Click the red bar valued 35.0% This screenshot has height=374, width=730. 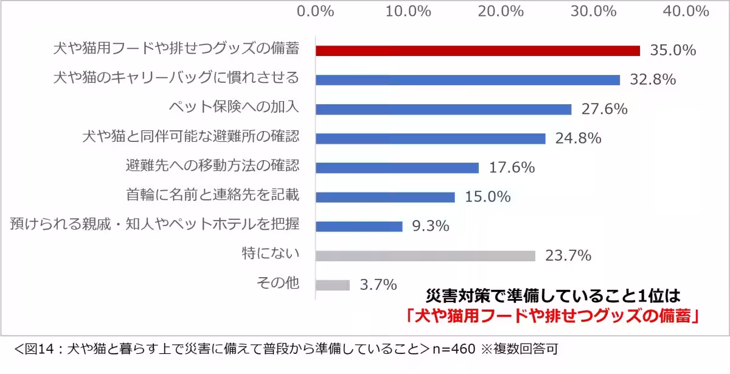click(478, 51)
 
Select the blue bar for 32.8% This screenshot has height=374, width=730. click(467, 80)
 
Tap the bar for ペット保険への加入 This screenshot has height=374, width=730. click(443, 109)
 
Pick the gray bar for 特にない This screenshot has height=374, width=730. click(425, 256)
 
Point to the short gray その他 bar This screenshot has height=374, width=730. click(333, 284)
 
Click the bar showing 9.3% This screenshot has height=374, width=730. click(359, 227)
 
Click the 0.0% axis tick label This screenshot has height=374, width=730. click(315, 11)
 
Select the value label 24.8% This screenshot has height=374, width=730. click(578, 138)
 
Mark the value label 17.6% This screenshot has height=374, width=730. click(511, 168)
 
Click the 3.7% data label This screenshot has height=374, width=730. click(378, 284)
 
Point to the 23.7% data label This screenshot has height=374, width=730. click(568, 256)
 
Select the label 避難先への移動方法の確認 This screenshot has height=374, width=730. click(212, 166)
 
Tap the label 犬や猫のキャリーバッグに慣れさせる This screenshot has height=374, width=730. click(176, 78)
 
